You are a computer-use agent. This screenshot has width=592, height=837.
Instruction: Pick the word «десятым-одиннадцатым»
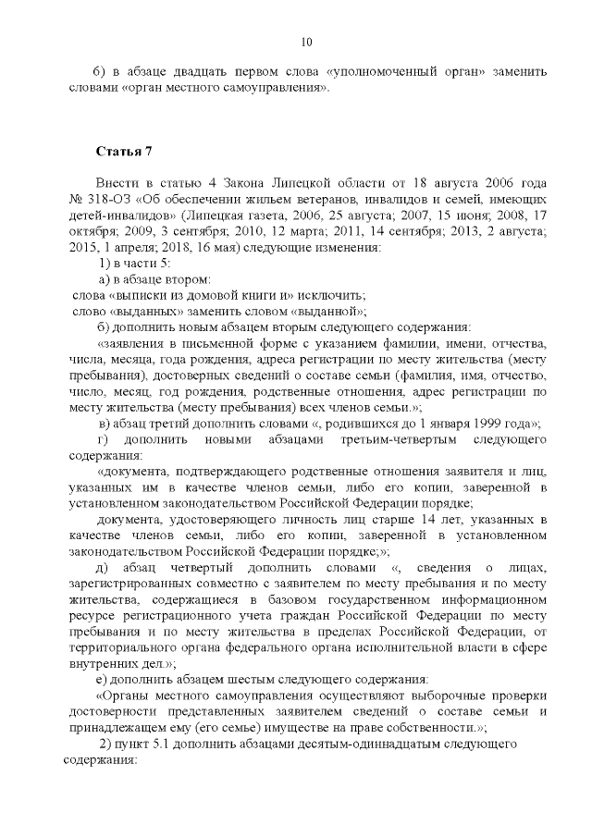click(372, 744)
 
